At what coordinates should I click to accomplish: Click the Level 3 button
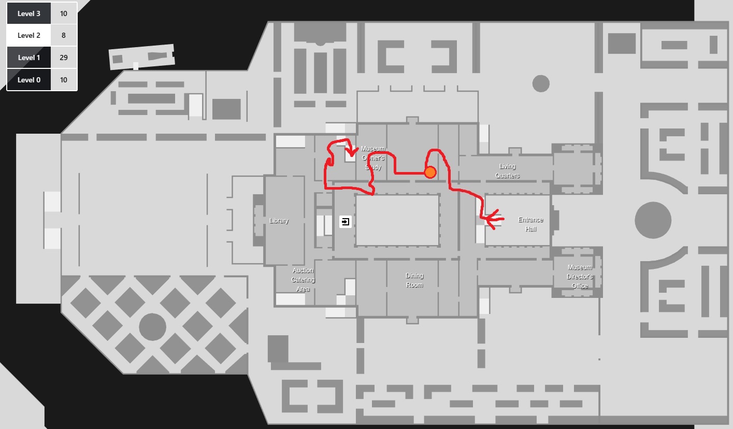pyautogui.click(x=29, y=13)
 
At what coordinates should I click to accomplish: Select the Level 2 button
pyautogui.click(x=29, y=35)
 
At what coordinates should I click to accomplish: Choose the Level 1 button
pyautogui.click(x=29, y=58)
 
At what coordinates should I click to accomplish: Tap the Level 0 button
pyautogui.click(x=29, y=80)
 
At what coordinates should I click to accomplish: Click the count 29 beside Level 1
pyautogui.click(x=64, y=58)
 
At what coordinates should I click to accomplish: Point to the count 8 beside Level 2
pyautogui.click(x=64, y=35)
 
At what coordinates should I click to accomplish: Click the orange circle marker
pyautogui.click(x=429, y=172)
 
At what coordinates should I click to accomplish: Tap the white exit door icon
pyautogui.click(x=346, y=222)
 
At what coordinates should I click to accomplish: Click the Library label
pyautogui.click(x=279, y=221)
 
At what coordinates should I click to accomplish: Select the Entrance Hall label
pyautogui.click(x=530, y=224)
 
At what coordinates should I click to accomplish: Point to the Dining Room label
pyautogui.click(x=414, y=280)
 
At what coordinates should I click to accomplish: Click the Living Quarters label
pyautogui.click(x=507, y=171)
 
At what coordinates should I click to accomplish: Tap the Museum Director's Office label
pyautogui.click(x=580, y=277)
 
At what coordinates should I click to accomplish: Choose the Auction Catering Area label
pyautogui.click(x=303, y=280)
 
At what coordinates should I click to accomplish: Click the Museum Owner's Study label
pyautogui.click(x=373, y=158)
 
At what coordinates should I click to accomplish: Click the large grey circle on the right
pyautogui.click(x=653, y=220)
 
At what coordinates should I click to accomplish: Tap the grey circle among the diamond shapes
pyautogui.click(x=152, y=327)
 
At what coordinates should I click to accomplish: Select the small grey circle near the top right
pyautogui.click(x=540, y=83)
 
